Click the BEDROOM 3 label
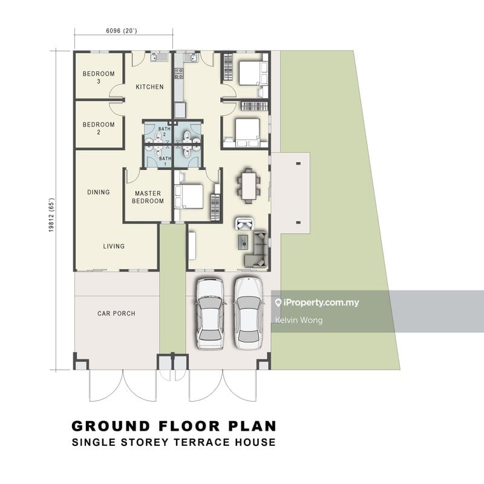click(x=99, y=77)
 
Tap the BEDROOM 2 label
click(x=99, y=128)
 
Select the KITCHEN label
click(x=149, y=87)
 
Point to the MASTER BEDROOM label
click(x=148, y=197)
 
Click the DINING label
click(x=99, y=192)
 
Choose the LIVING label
click(x=114, y=246)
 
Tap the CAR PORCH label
click(x=116, y=313)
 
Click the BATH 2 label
click(x=164, y=131)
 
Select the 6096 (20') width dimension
click(x=122, y=31)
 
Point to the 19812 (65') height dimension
click(x=51, y=215)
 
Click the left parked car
click(x=210, y=313)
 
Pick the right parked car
click(x=248, y=313)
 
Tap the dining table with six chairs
click(x=249, y=186)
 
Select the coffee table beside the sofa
click(x=244, y=241)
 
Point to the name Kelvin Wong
click(x=299, y=320)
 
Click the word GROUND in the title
click(x=111, y=427)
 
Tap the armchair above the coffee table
click(x=244, y=223)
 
